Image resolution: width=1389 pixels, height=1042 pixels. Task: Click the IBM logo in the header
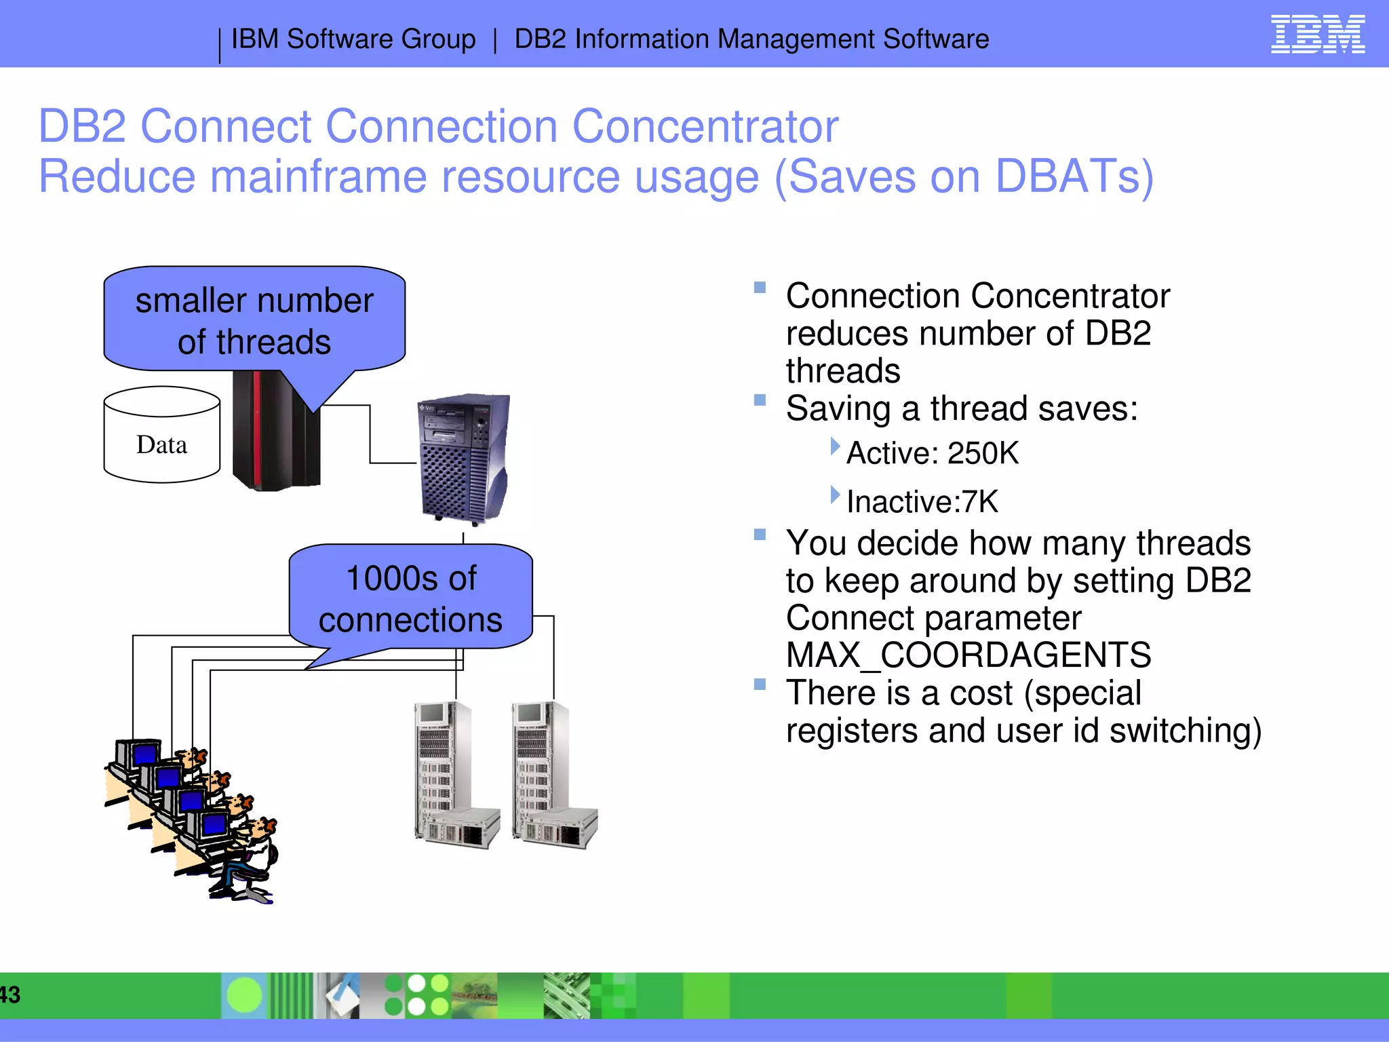coord(1317,35)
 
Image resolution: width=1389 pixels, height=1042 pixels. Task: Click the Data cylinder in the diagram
coord(161,436)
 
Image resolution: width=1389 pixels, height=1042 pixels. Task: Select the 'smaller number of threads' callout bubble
coord(254,320)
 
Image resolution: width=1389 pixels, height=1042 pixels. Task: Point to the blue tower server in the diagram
coord(464,458)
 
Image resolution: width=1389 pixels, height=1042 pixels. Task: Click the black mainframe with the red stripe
coord(274,434)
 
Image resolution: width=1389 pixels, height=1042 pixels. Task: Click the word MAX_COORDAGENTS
coord(968,655)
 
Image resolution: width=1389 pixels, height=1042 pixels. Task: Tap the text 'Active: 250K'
coord(933,453)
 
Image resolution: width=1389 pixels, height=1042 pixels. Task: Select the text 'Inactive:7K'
coord(922,502)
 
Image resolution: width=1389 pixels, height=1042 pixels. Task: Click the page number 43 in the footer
coord(9,995)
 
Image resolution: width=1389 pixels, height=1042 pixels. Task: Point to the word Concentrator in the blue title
coord(705,127)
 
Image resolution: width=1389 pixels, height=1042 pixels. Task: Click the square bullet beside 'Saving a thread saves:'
coord(760,400)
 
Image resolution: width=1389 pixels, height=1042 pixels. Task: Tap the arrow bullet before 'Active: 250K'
coord(835,446)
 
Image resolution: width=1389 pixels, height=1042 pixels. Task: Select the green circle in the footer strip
coord(243,995)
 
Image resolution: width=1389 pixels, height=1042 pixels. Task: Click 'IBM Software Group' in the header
coord(353,39)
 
